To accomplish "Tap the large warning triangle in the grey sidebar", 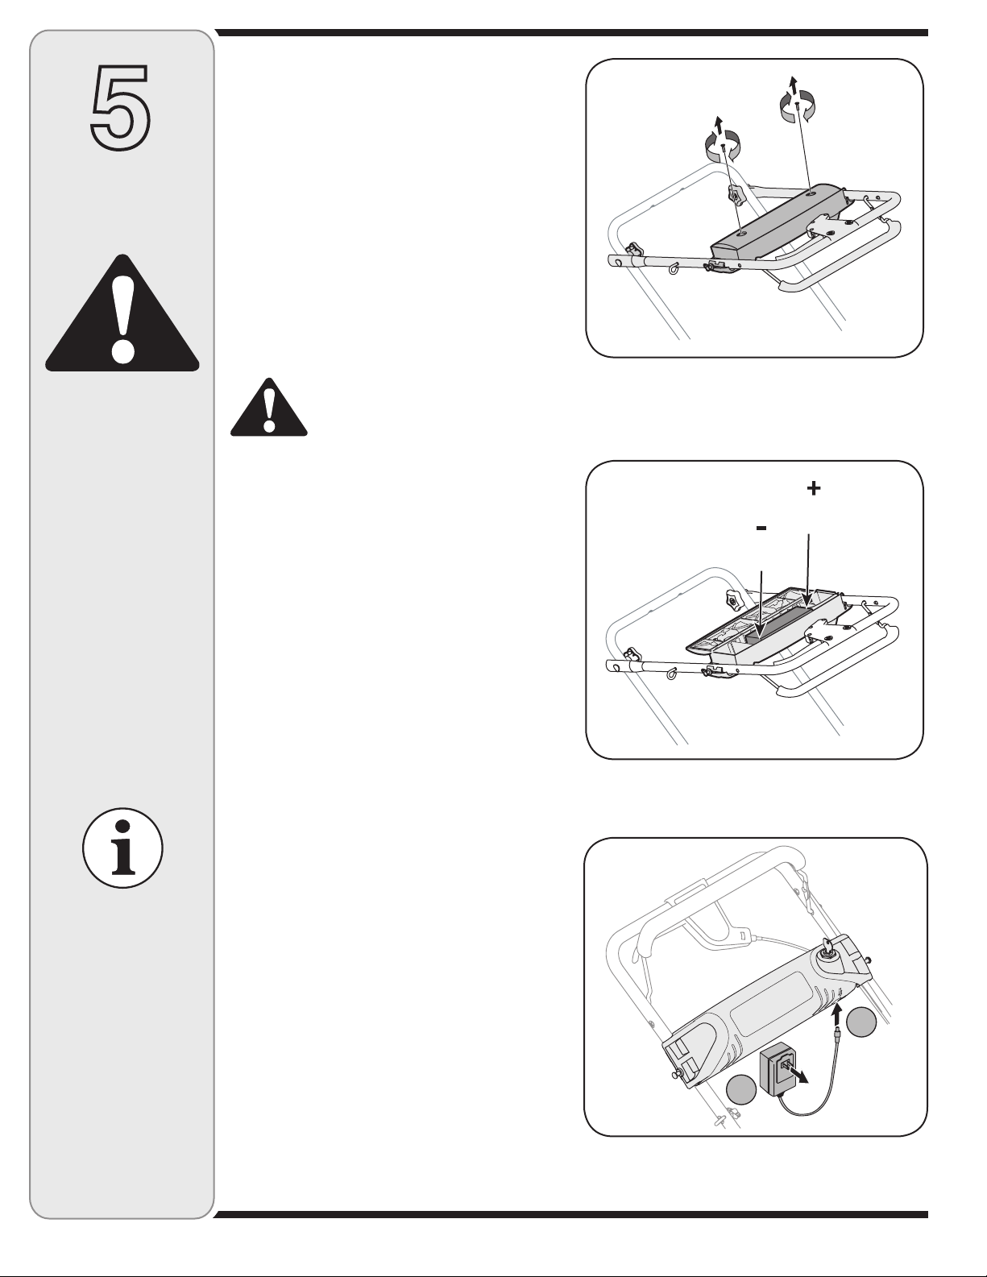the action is [x=122, y=313].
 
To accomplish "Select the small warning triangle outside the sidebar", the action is [x=268, y=407].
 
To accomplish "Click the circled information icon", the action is [x=122, y=848].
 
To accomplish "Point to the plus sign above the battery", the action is [x=813, y=487].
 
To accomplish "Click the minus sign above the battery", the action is [x=761, y=529].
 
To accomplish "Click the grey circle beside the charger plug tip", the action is [x=861, y=1022].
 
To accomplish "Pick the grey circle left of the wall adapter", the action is [x=741, y=1089].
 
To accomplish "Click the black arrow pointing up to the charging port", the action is [x=837, y=1015].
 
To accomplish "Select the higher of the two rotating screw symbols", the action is [x=797, y=106].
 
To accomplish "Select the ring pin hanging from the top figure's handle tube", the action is [x=672, y=267].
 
